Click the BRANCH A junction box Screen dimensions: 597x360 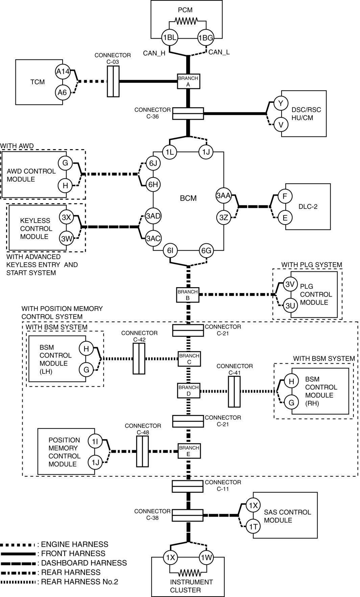[188, 82]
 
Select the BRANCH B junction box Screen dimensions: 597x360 [188, 295]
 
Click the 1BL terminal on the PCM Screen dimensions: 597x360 [169, 38]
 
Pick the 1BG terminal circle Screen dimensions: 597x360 [206, 38]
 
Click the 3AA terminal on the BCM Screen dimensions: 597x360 [223, 196]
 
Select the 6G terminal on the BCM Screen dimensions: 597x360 [206, 251]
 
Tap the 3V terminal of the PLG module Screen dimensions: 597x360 [290, 284]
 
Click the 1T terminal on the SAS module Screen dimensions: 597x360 [253, 526]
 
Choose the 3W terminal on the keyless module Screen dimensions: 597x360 [67, 239]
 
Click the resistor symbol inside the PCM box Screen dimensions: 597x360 [186, 21]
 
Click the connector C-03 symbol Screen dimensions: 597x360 [113, 82]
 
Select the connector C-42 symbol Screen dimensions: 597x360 [139, 359]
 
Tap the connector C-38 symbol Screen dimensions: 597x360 [188, 515]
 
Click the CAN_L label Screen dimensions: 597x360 [219, 52]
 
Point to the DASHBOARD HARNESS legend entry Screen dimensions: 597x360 [84, 563]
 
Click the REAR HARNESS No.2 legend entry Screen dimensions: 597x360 [79, 582]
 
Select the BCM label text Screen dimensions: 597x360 [188, 198]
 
